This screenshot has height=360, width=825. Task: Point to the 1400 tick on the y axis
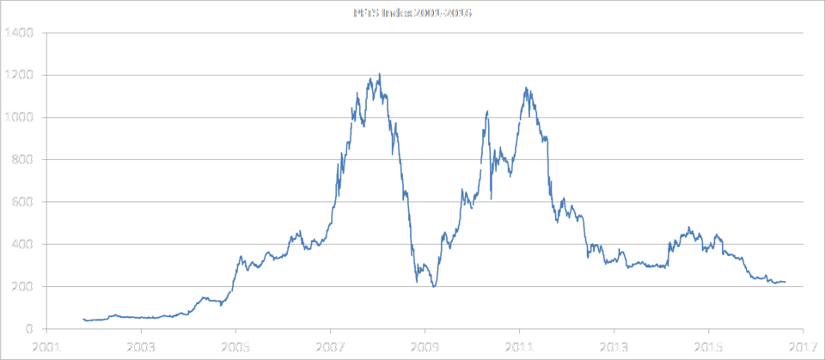click(18, 34)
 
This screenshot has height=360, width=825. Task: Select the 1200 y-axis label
click(18, 76)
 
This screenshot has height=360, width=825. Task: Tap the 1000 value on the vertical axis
click(18, 118)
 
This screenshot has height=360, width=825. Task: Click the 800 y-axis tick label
click(21, 160)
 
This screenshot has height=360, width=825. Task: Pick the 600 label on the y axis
click(21, 202)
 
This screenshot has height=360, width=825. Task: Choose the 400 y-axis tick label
click(21, 244)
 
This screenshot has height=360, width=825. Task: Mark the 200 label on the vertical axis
click(21, 286)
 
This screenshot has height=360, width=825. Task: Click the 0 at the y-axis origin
click(29, 328)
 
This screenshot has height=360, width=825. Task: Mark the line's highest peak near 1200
click(379, 75)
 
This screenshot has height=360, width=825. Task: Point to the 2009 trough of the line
click(434, 286)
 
